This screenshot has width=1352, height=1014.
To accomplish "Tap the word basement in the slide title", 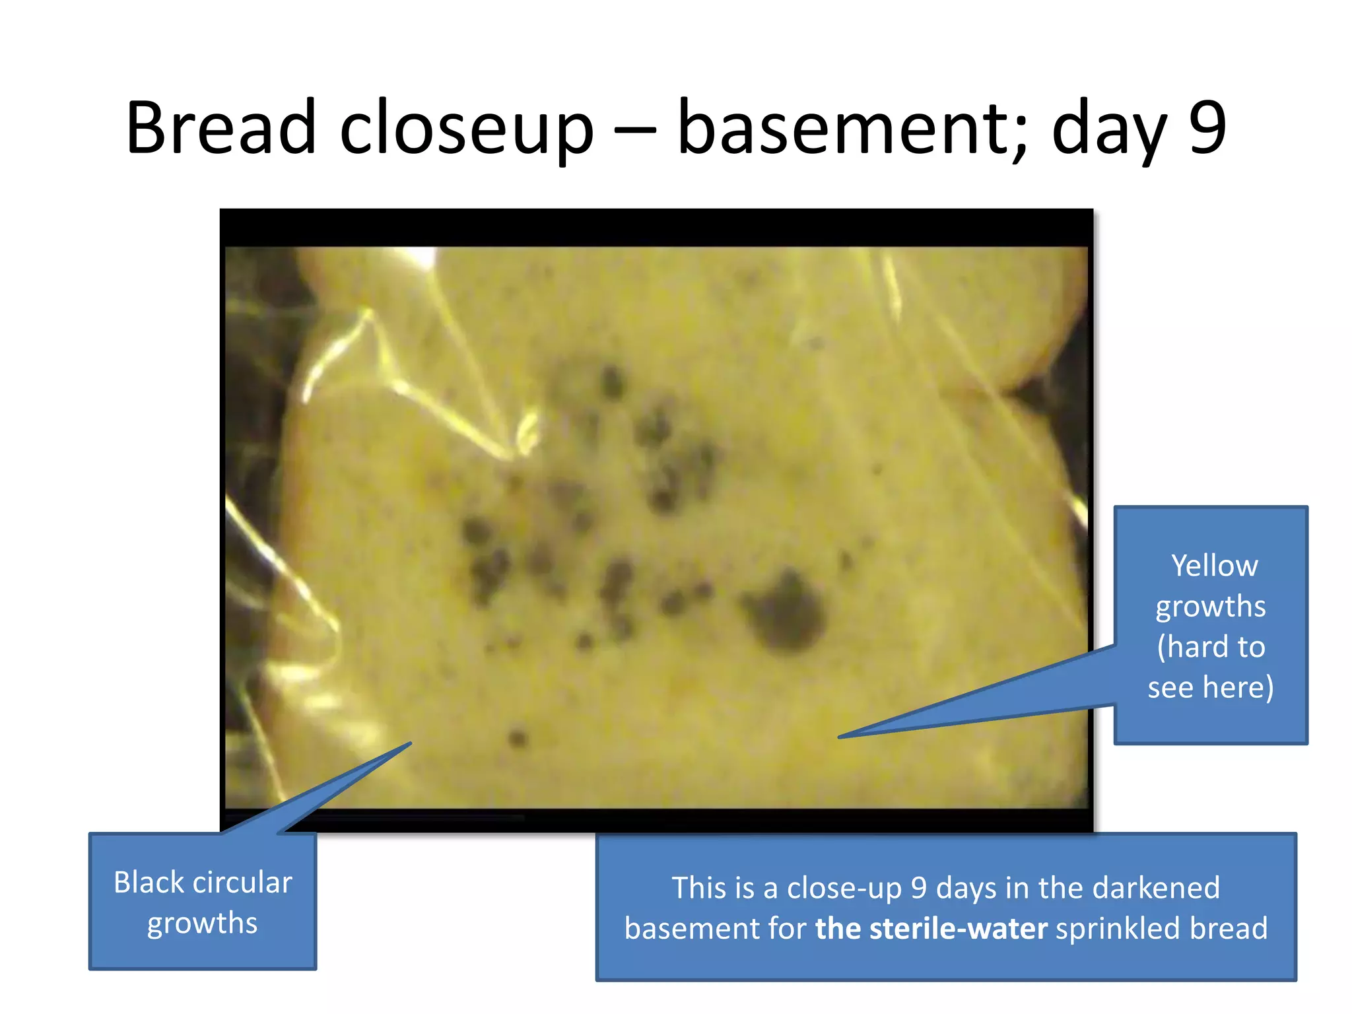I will click(x=851, y=128).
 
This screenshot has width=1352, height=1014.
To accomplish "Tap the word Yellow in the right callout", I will click(x=1215, y=566).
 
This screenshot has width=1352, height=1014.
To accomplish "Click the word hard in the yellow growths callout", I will click(x=1196, y=646).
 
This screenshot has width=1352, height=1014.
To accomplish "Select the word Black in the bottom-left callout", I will click(x=147, y=883).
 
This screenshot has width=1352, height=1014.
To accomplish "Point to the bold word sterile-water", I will click(x=931, y=928).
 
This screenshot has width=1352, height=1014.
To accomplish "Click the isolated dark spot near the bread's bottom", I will click(x=518, y=737).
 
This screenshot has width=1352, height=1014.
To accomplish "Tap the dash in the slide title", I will click(x=635, y=129).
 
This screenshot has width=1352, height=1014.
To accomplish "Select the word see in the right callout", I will click(x=1170, y=687).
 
